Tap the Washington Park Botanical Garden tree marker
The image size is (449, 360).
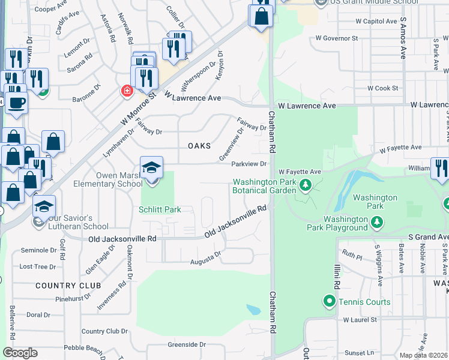[306, 184]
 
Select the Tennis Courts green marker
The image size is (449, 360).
[329, 301]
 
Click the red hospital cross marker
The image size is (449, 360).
[127, 91]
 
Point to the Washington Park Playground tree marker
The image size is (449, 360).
[377, 223]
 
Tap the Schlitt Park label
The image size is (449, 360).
[160, 209]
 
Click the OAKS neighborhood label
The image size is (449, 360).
[199, 146]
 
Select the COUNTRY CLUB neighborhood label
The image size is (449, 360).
[62, 285]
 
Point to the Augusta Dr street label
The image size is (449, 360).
[206, 257]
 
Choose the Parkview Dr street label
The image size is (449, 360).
[249, 163]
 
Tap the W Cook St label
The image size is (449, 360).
[382, 88]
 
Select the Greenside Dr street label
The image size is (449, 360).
[187, 344]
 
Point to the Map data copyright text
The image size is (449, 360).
[424, 355]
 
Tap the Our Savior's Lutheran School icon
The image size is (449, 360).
[43, 207]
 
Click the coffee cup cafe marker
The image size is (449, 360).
[17, 101]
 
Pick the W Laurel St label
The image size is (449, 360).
[360, 320]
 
